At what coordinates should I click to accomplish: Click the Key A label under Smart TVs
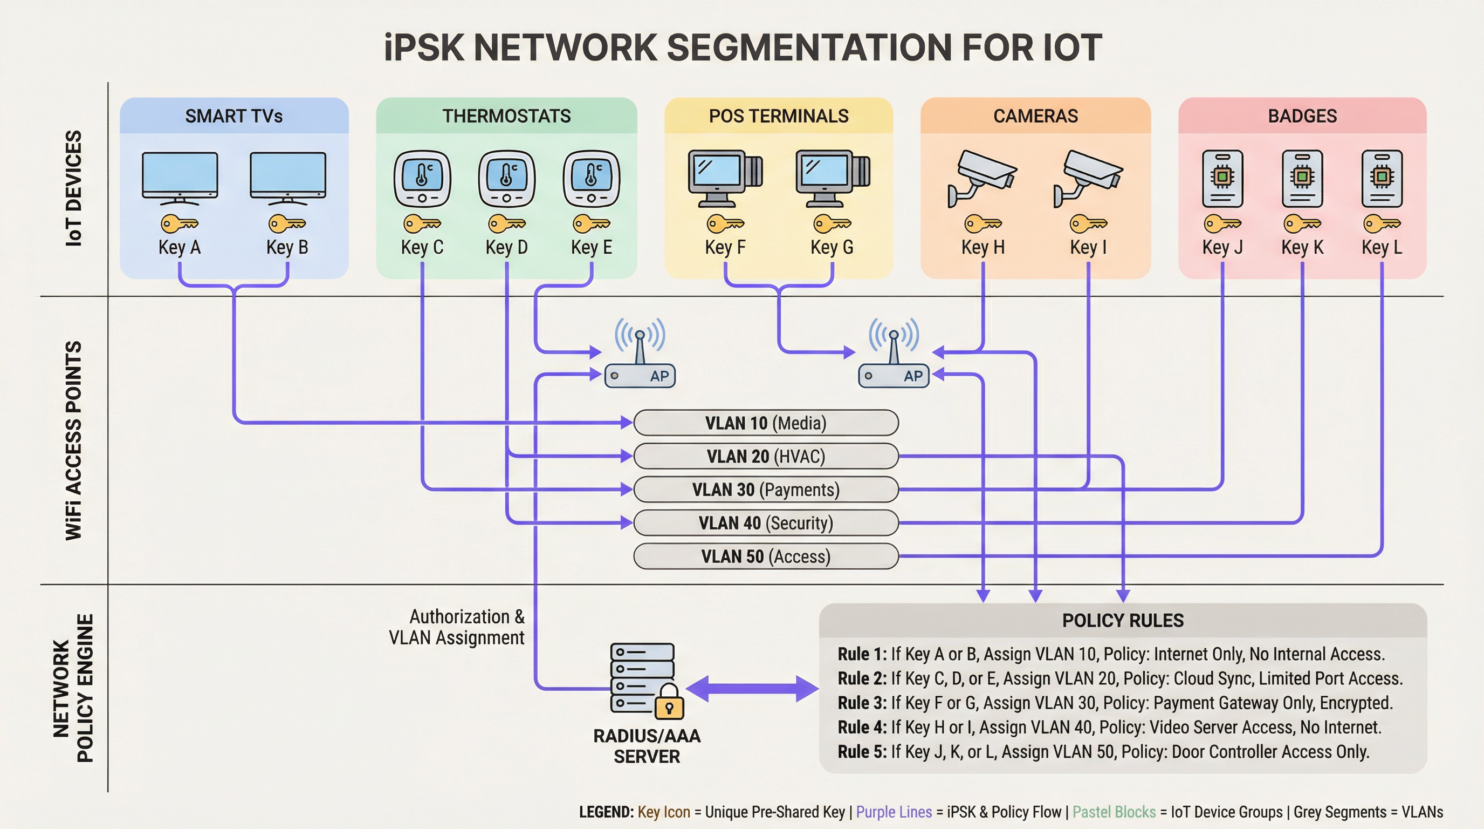pos(179,247)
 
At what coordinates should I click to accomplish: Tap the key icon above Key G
pos(832,223)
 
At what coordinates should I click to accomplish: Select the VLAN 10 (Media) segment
pos(766,423)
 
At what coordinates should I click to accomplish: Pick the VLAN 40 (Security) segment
pos(766,523)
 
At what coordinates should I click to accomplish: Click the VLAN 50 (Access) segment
pos(766,556)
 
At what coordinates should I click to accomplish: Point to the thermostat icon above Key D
pos(506,179)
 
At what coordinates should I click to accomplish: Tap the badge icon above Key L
pos(1382,179)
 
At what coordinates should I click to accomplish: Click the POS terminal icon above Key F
pos(725,179)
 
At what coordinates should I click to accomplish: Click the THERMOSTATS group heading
pos(506,116)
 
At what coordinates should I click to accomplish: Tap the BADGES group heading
pos(1302,116)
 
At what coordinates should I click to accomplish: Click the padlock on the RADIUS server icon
pos(669,703)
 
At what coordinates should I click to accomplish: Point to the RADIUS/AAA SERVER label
pos(647,746)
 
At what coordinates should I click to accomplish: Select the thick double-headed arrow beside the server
pos(752,688)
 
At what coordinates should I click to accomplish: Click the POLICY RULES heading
pos(1122,620)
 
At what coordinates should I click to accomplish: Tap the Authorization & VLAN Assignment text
pos(457,627)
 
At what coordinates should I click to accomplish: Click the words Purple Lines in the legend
pos(894,812)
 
